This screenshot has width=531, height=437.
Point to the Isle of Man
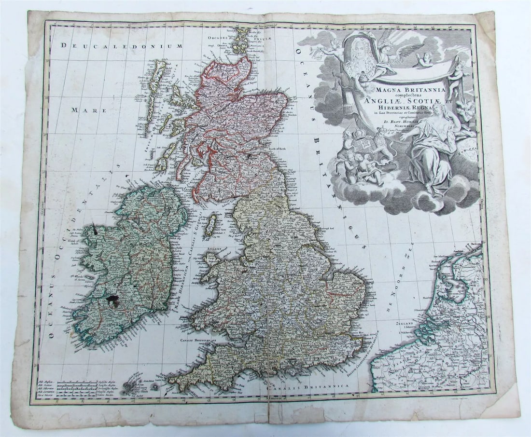click(211, 226)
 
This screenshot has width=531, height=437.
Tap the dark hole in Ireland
click(114, 301)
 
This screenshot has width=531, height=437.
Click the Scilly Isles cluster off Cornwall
click(133, 386)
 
